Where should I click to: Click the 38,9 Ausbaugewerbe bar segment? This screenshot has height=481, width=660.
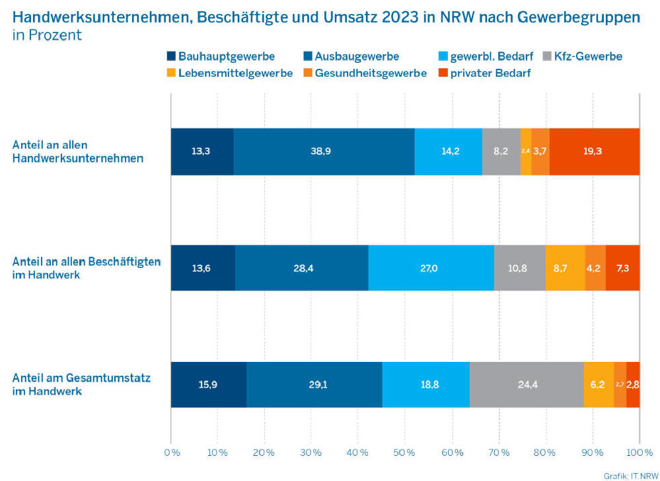point(324,152)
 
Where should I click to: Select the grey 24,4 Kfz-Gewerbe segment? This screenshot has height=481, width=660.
point(527,385)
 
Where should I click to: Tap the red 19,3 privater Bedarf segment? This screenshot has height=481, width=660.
point(594,152)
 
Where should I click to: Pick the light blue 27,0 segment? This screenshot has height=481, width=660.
point(431,268)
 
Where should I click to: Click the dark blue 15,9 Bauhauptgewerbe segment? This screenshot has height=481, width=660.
point(208,385)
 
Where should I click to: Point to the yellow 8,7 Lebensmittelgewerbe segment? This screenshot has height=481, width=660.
point(565,268)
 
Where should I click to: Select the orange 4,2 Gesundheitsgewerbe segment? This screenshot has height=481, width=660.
point(595,268)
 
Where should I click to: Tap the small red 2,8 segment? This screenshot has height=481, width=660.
point(633,385)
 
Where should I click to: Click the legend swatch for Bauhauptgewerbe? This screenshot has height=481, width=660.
point(172,57)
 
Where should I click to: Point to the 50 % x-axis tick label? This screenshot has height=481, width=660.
point(404,453)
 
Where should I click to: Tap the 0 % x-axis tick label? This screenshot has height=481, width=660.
point(171,453)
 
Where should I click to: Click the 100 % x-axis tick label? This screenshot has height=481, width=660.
point(639,453)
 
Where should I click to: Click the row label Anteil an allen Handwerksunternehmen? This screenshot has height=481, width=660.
point(78,152)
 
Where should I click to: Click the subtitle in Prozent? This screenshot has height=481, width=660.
point(47,35)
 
